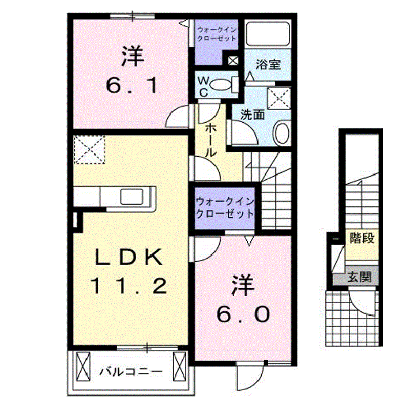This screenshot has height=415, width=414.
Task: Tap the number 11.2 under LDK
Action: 130,285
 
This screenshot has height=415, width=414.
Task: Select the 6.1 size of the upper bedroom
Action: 131,86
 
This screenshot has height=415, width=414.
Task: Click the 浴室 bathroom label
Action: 268,63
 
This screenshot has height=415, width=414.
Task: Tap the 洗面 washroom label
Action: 253,114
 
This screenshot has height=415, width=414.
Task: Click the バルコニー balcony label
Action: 129,371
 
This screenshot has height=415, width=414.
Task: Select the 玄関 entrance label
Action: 359,277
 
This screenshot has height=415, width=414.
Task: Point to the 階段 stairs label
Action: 361,238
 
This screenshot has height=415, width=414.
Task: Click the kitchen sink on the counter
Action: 134,197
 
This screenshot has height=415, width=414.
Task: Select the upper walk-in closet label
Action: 216,33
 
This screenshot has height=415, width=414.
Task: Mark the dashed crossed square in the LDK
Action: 89,149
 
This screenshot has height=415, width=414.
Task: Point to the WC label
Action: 204,85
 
